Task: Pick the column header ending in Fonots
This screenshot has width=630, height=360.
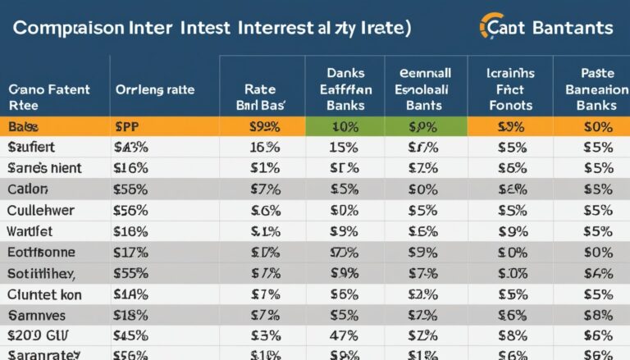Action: point(509,89)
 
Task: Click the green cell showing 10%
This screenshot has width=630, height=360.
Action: point(345,126)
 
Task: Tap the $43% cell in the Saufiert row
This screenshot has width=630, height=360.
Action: point(131,148)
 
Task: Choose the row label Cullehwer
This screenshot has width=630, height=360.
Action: point(40,210)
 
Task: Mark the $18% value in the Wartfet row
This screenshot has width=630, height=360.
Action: point(131,231)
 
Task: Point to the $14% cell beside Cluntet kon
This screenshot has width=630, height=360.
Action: point(131,294)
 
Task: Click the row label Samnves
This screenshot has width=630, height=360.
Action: point(37,314)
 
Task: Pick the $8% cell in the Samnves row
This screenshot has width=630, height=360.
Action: point(596,314)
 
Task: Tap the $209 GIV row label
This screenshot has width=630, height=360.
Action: point(37,335)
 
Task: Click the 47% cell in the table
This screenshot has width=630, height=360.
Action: point(345,335)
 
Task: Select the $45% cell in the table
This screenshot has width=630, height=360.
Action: point(131,335)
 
